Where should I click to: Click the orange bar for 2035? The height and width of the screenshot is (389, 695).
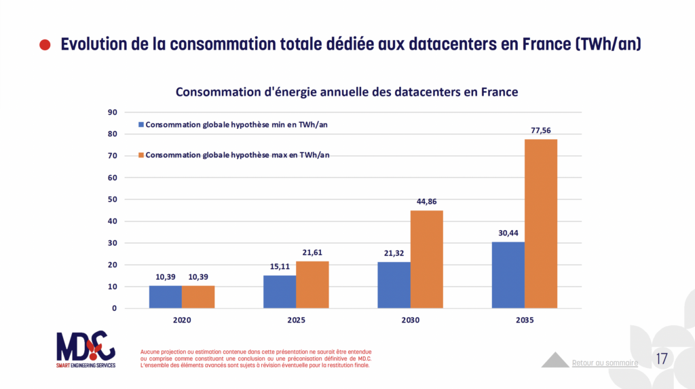(x=541, y=223)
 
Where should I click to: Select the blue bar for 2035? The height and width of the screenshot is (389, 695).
(x=508, y=275)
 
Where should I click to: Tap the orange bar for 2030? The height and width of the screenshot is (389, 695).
(x=427, y=259)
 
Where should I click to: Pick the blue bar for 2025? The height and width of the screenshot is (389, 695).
(x=280, y=291)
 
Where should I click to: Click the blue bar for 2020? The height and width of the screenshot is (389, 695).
(x=166, y=297)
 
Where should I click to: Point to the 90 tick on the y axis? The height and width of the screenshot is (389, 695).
(x=113, y=113)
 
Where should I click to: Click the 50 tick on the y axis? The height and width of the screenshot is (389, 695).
(x=113, y=200)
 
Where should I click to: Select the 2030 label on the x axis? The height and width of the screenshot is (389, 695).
(x=411, y=319)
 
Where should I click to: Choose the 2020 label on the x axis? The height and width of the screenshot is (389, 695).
(x=182, y=319)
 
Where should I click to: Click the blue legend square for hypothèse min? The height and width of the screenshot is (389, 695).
(x=141, y=125)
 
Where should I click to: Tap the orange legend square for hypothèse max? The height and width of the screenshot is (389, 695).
(x=141, y=155)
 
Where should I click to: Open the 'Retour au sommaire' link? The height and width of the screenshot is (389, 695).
(x=605, y=363)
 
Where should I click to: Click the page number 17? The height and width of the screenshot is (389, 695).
(x=662, y=358)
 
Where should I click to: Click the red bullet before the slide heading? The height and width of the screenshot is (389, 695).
(x=45, y=45)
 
